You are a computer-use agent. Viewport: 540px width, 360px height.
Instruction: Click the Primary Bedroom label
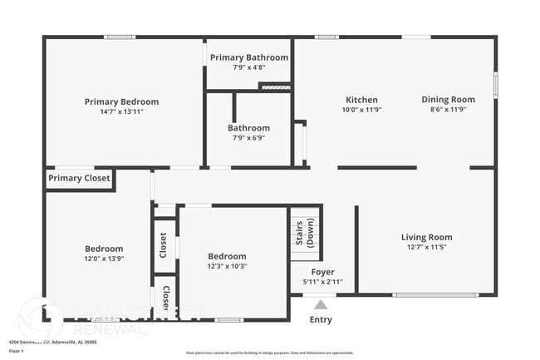(x=121, y=102)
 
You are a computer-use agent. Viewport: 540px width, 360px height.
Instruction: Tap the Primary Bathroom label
(x=248, y=57)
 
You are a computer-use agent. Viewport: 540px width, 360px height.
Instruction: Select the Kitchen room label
(x=361, y=100)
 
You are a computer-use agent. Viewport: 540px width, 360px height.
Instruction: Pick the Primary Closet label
(x=79, y=178)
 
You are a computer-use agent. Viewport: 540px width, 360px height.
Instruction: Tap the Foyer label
(x=322, y=273)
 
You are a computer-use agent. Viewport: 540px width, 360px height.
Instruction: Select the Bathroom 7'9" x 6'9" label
(x=248, y=128)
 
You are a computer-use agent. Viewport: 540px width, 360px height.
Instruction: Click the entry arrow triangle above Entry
(x=320, y=305)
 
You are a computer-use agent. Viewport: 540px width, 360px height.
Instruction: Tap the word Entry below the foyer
(x=320, y=320)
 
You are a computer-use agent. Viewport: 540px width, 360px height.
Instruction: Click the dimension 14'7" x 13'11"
(x=121, y=111)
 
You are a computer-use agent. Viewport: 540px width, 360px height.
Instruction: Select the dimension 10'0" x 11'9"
(x=361, y=109)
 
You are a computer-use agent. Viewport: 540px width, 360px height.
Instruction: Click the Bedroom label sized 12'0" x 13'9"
(x=104, y=249)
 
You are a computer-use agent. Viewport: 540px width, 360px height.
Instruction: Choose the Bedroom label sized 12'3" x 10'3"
(x=227, y=256)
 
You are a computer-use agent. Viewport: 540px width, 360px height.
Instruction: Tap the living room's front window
(x=434, y=294)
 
